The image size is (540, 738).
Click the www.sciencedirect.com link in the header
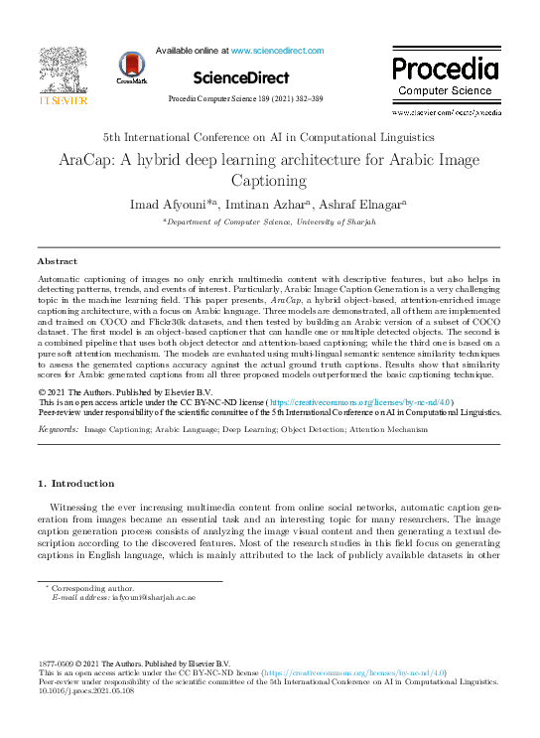pos(274,50)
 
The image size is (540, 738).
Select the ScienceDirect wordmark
pos(241,76)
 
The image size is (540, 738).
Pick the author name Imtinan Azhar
pos(284,204)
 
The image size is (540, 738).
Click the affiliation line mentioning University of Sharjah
pos(269,222)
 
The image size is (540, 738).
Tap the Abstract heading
pos(57,261)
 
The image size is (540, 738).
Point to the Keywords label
pos(59,429)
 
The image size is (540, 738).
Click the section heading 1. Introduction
pos(75,483)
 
